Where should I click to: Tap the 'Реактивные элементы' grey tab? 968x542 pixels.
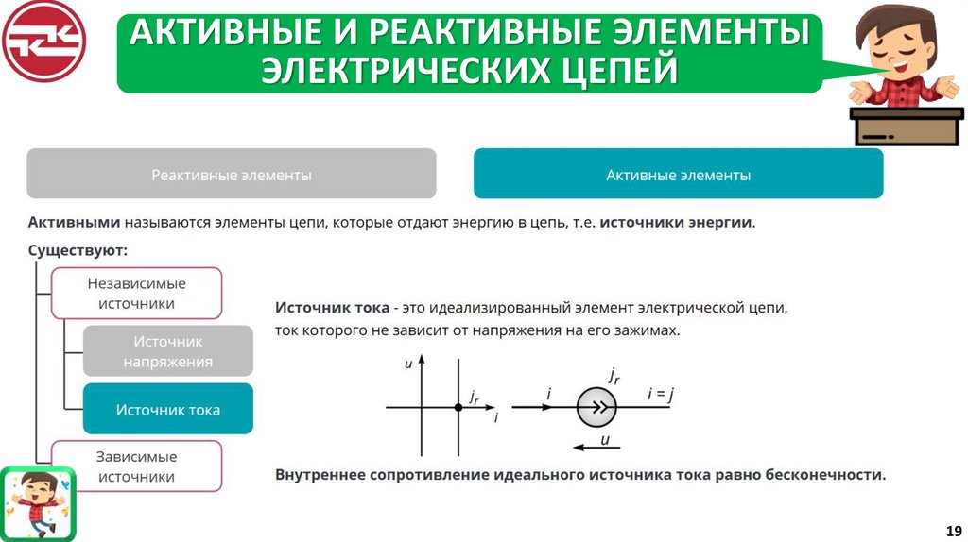pos(232,175)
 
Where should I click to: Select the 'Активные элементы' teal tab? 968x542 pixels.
pos(678,175)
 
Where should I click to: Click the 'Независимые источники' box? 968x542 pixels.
pos(136,293)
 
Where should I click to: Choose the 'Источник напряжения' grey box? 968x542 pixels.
pos(168,350)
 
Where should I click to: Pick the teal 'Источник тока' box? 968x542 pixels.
pos(168,409)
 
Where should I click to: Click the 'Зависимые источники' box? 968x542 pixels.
pos(136,466)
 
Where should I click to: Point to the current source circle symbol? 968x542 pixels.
pos(596,407)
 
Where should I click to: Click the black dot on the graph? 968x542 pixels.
pos(458,407)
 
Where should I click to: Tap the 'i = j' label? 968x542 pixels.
pos(660,395)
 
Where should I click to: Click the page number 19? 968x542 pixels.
pos(953,529)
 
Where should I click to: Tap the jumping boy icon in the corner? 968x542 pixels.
pos(37,502)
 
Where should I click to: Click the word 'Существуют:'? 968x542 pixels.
pos(78,251)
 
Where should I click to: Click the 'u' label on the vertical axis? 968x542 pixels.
pos(408,364)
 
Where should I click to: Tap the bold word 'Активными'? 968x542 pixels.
pos(74,223)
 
